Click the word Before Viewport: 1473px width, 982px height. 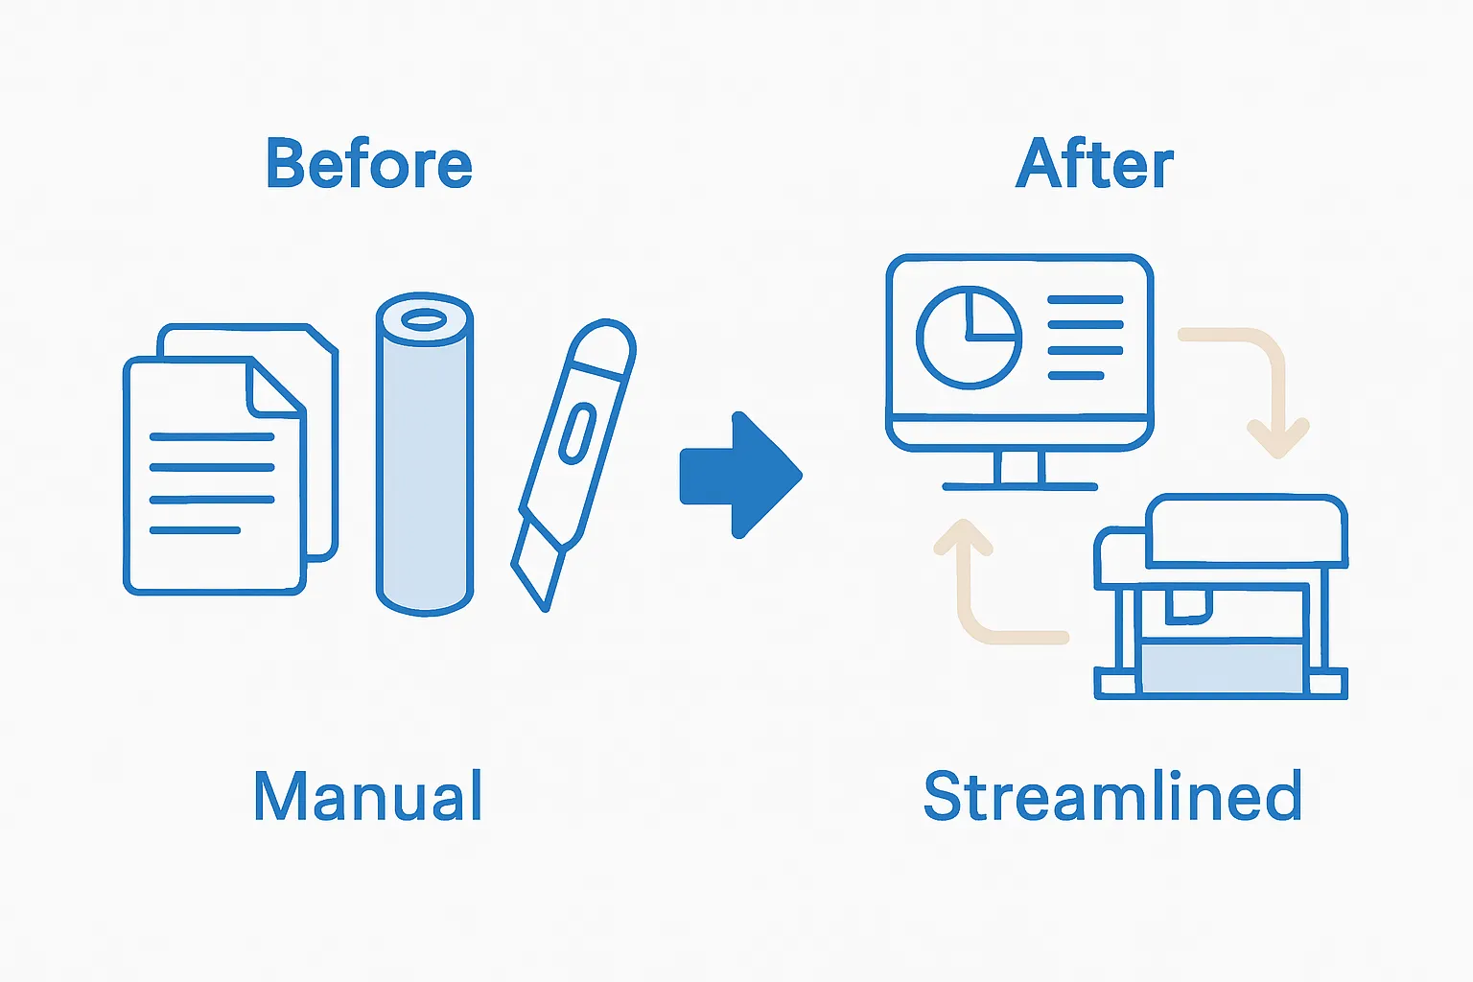click(x=369, y=164)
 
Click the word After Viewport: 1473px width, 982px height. click(x=1094, y=164)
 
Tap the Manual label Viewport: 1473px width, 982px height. click(x=367, y=796)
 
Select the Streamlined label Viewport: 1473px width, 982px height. click(x=1112, y=796)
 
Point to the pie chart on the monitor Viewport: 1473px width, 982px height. click(x=969, y=337)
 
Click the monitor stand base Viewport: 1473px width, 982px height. click(x=1019, y=486)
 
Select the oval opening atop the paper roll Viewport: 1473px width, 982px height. click(x=424, y=319)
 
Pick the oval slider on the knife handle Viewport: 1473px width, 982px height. click(x=577, y=432)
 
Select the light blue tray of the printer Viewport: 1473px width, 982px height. click(x=1222, y=667)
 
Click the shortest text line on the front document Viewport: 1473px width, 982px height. click(x=195, y=530)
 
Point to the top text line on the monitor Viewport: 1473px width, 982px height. click(x=1085, y=300)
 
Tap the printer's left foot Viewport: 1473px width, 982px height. click(x=1115, y=683)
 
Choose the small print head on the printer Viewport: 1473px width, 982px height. click(x=1189, y=604)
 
